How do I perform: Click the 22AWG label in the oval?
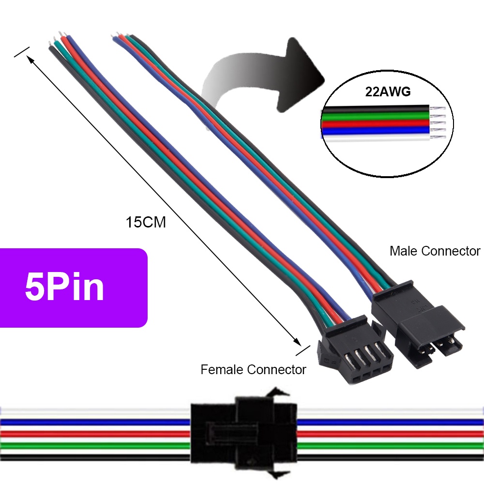(388, 91)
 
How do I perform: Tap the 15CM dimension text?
(146, 222)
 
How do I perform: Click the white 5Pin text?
(64, 287)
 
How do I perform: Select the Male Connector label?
(435, 251)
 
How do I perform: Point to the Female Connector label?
(253, 369)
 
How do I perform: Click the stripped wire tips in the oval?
(438, 123)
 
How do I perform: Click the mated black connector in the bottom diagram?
(243, 433)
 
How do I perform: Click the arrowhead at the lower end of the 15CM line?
(297, 342)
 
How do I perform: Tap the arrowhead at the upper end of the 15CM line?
(30, 59)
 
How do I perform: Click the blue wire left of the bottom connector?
(95, 422)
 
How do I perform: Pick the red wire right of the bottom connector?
(390, 433)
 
